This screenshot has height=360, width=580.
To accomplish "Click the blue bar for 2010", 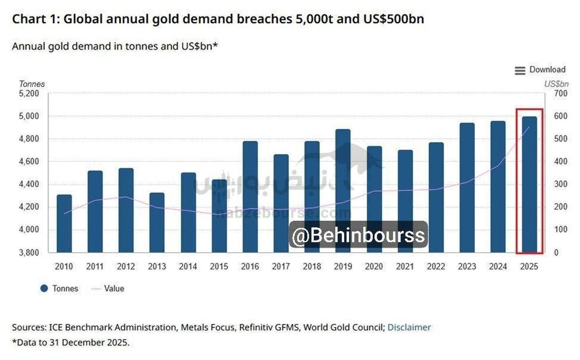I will tap(64, 223).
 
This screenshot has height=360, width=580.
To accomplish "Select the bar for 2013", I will tap(157, 222).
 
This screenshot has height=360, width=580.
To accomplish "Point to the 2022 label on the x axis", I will tap(436, 266).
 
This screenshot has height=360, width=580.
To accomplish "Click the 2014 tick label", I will tap(188, 266).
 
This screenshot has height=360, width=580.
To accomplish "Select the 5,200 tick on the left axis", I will tap(29, 93).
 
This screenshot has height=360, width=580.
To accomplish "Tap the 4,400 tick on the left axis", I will tap(29, 184).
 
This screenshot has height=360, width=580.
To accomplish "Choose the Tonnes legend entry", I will tap(59, 288).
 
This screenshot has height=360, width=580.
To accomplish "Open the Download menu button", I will tap(540, 70).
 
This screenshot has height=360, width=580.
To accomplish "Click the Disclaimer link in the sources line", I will tap(409, 327).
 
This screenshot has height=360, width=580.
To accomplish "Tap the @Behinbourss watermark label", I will tap(358, 235).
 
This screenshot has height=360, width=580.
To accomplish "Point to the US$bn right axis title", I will tap(556, 84).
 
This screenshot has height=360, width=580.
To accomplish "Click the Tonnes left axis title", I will tap(32, 84).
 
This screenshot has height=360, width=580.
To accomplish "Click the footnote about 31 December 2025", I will tap(71, 342).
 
